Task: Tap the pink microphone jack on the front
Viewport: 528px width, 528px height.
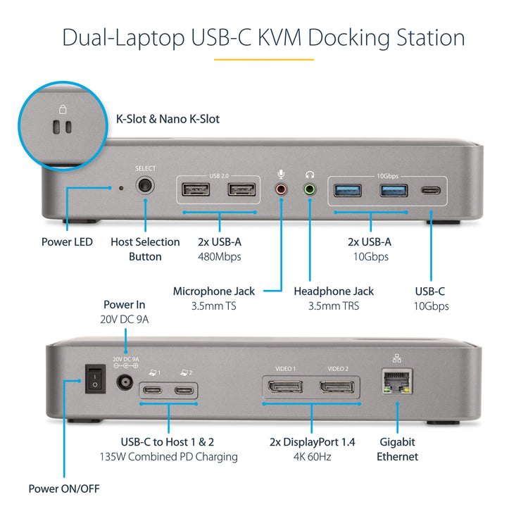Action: [x=282, y=189]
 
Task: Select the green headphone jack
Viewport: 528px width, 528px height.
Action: [x=309, y=189]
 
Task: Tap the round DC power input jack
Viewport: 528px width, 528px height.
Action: [x=125, y=383]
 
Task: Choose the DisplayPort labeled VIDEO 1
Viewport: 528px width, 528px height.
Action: [x=284, y=386]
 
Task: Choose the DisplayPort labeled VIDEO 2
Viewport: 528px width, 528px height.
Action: [x=337, y=386]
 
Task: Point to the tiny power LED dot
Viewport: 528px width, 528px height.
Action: [x=121, y=188]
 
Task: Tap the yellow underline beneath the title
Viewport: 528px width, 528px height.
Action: [x=263, y=60]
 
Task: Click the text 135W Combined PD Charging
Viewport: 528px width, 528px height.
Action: [x=168, y=457]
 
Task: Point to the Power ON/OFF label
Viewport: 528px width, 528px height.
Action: [x=63, y=489]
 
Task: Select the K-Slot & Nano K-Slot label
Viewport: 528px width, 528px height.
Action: [x=168, y=119]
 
